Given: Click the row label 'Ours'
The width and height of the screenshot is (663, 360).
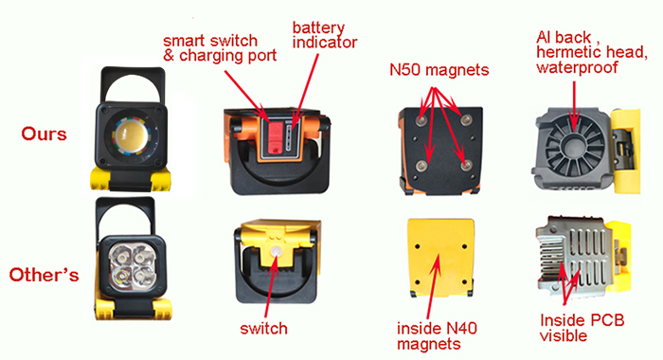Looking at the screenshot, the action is (44, 135).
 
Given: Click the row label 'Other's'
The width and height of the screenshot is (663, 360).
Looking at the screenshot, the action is (44, 275).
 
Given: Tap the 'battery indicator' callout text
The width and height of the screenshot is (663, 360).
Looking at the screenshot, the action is (325, 35).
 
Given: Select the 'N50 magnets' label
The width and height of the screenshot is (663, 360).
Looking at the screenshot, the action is (439, 70).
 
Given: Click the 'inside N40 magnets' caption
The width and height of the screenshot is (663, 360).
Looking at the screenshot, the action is (437, 336).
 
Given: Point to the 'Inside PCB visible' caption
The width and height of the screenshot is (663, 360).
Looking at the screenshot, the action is (582, 328).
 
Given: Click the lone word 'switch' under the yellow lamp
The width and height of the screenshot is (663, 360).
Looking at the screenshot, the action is (264, 329).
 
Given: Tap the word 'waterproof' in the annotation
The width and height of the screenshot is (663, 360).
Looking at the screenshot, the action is (577, 67).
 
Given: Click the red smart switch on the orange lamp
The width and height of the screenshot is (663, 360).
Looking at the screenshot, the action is (275, 138).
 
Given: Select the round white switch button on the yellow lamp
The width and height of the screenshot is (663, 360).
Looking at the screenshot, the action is (277, 252).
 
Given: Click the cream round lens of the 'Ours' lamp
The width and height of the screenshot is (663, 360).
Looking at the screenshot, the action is (132, 135).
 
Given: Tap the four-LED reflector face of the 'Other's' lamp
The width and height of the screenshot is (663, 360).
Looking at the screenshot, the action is (131, 265).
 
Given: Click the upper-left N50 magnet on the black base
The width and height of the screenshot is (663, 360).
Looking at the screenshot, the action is (421, 120).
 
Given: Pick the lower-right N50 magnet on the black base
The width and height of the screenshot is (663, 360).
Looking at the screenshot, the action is (466, 165).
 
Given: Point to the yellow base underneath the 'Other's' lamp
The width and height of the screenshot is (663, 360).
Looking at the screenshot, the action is (133, 307).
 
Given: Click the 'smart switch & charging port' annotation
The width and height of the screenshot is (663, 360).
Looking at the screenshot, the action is (220, 47).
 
